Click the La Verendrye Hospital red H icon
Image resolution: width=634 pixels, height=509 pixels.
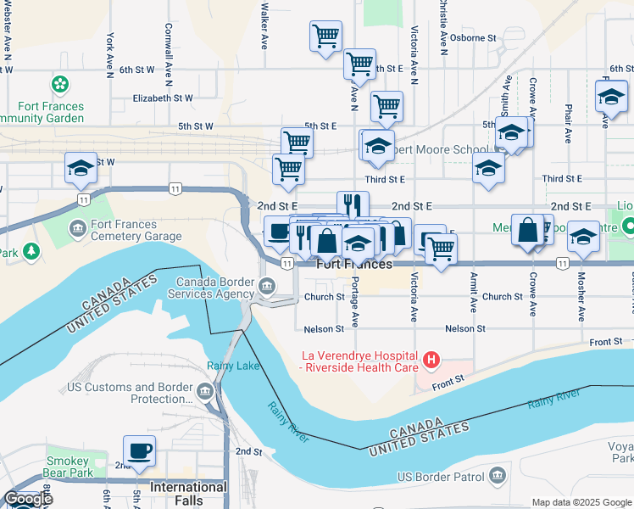click(x=432, y=361)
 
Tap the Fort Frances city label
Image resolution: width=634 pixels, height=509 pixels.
click(x=355, y=265)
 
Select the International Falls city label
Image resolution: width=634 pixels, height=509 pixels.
click(x=188, y=488)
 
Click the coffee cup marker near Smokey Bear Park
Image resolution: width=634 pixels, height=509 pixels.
click(x=139, y=450)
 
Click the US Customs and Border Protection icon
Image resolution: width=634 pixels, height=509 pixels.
click(x=205, y=392)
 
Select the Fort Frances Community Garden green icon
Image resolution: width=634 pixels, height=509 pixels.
click(x=59, y=84)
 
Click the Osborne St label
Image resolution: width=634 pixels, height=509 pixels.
click(x=473, y=38)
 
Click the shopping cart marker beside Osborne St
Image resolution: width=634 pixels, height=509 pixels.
click(x=325, y=36)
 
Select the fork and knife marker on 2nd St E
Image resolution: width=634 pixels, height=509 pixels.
click(x=353, y=205)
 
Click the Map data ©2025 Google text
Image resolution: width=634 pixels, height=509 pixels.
click(x=581, y=502)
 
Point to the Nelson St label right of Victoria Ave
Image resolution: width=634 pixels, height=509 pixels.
click(x=464, y=328)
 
